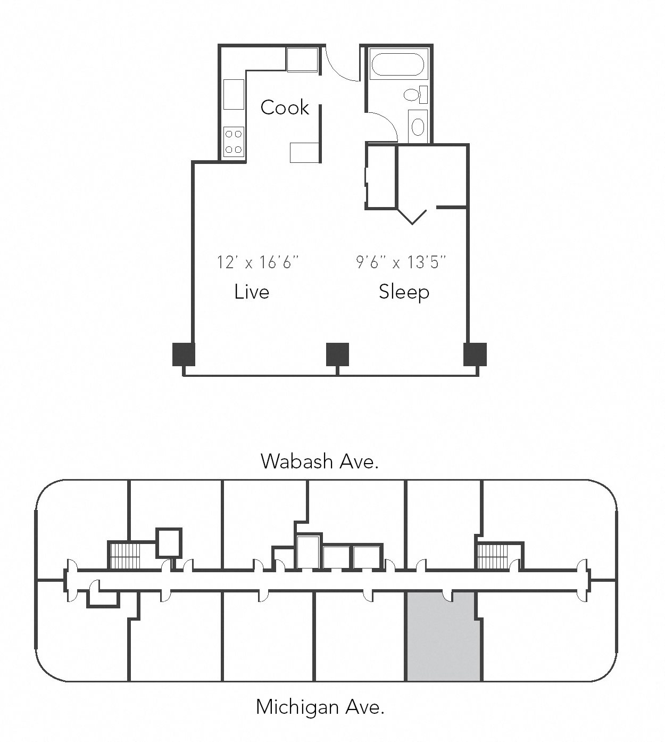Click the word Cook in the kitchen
(285, 108)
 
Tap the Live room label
(252, 292)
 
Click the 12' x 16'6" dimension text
(258, 262)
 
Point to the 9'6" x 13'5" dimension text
(401, 262)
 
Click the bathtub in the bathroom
(398, 64)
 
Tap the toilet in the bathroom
(416, 95)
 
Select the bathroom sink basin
(418, 127)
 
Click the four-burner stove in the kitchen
(234, 142)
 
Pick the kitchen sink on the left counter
(234, 95)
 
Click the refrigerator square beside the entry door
(302, 59)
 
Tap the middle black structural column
(337, 354)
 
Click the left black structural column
(184, 354)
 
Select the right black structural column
(475, 354)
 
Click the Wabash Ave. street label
(319, 461)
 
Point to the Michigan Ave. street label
(320, 707)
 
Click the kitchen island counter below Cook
(305, 153)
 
